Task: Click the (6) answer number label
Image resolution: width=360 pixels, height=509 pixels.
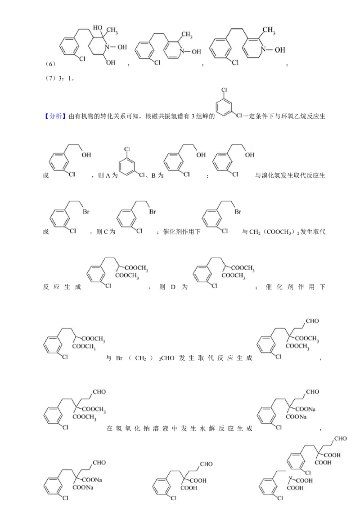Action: pos(50,64)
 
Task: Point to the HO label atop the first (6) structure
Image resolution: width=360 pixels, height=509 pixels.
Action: pos(98,27)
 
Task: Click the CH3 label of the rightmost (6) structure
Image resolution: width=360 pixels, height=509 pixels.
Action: pos(269,31)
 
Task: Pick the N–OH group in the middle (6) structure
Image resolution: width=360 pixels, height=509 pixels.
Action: pos(191,51)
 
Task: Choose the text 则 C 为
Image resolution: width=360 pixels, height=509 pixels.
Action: pos(106,232)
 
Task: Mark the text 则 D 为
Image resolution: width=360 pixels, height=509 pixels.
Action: pos(173,287)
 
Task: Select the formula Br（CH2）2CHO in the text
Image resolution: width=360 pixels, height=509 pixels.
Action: pos(145,358)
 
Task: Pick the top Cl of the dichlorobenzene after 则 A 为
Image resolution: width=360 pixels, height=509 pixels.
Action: pos(127,149)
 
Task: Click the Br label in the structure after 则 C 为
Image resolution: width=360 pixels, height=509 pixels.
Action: pos(153,212)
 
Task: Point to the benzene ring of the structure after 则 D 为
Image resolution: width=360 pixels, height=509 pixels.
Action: pos(202,275)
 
